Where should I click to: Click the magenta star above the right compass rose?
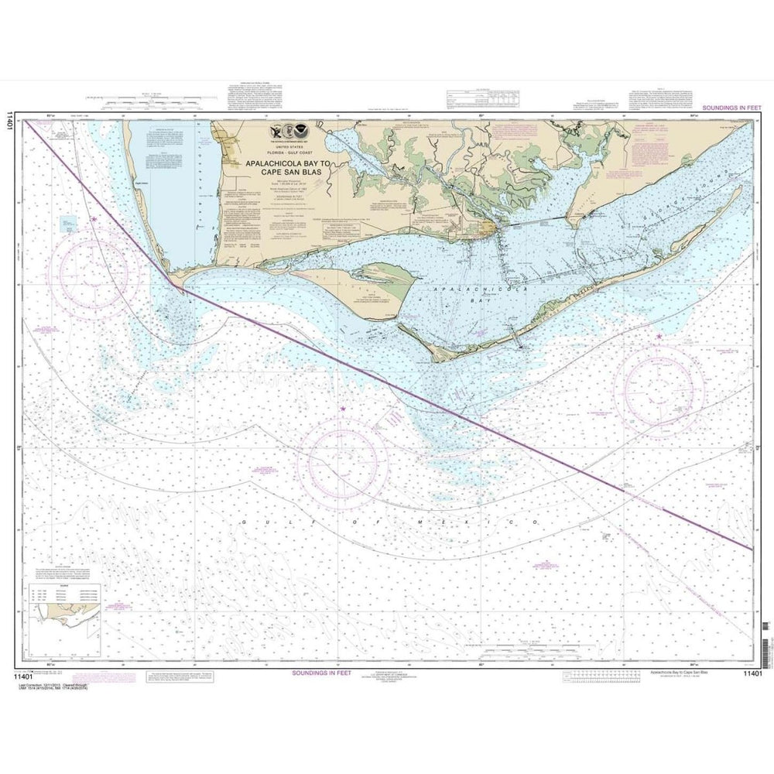pyautogui.click(x=659, y=337)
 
